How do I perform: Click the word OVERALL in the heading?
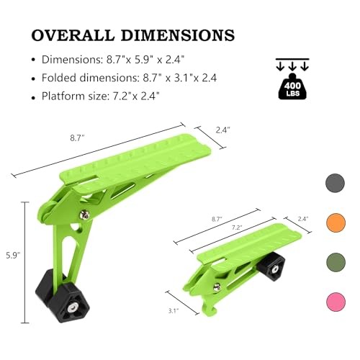click(x=73, y=35)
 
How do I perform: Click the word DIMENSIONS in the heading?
click(x=178, y=35)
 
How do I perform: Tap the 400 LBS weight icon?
click(x=292, y=86)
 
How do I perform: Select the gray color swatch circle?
click(x=336, y=183)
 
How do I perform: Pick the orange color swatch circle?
click(x=336, y=222)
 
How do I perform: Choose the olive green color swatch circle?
click(x=336, y=262)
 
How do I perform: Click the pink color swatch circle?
click(x=336, y=302)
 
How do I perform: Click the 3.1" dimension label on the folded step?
click(x=173, y=311)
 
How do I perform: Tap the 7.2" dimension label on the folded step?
click(x=236, y=228)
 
